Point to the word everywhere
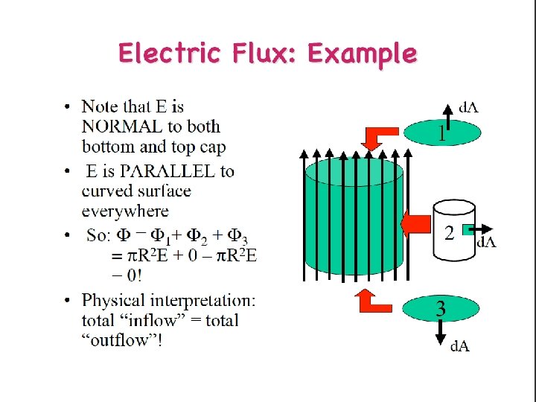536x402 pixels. click(x=125, y=211)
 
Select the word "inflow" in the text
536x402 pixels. click(x=153, y=321)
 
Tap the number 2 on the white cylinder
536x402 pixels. click(x=449, y=233)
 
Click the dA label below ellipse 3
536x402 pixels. click(x=460, y=345)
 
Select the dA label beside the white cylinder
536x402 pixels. click(x=487, y=241)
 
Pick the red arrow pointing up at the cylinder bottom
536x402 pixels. click(x=374, y=300)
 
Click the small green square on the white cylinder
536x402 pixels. click(x=468, y=230)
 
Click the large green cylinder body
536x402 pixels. click(x=354, y=223)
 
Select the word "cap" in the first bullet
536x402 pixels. click(x=212, y=147)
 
